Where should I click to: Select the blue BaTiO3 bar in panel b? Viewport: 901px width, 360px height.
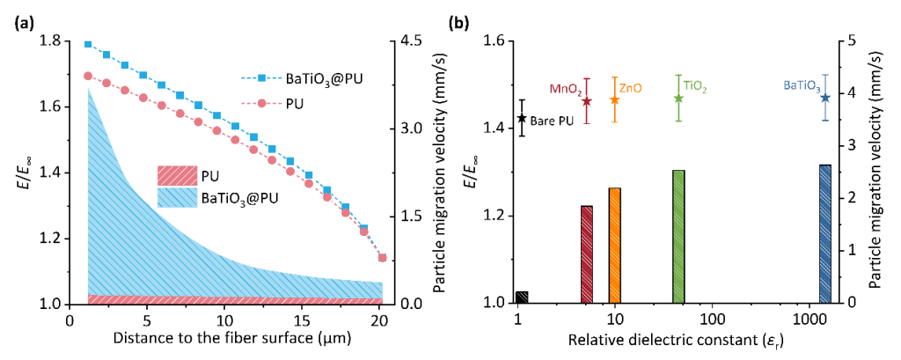pyautogui.click(x=824, y=233)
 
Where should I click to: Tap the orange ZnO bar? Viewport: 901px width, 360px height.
pyautogui.click(x=614, y=246)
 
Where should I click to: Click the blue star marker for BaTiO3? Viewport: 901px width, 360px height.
pyautogui.click(x=825, y=98)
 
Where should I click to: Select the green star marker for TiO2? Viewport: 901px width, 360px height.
pyautogui.click(x=678, y=98)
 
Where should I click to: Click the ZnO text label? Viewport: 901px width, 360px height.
pyautogui.click(x=631, y=89)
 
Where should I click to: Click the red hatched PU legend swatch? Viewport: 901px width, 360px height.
pyautogui.click(x=179, y=174)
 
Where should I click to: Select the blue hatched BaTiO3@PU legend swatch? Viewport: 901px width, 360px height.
pyautogui.click(x=179, y=196)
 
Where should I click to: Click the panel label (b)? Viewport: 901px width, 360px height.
pyautogui.click(x=460, y=23)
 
